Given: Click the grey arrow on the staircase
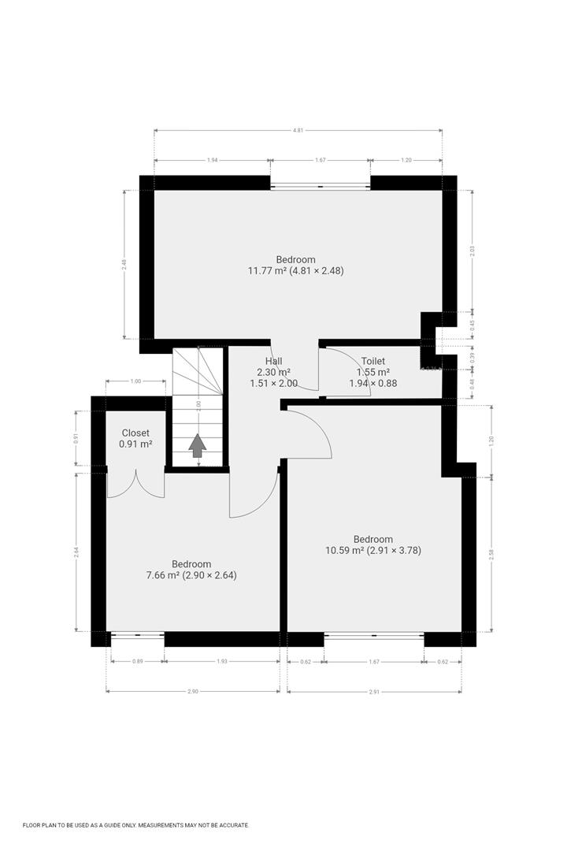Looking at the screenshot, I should coord(197,446).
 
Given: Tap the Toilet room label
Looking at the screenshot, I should coord(373,361).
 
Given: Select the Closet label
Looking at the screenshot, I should coord(135,433).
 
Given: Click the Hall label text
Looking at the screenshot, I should coord(273,361).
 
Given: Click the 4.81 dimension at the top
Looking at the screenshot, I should coord(298,131).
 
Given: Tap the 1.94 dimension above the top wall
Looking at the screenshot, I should coord(212,160).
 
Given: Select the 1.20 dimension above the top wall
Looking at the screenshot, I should coord(406,160).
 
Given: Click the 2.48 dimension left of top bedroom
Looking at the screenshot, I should coord(124,265).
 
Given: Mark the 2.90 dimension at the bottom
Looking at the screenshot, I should coord(192,691).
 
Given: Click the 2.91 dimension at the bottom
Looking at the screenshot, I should coord(373,691).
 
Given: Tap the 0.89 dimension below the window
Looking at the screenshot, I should coord(137,662).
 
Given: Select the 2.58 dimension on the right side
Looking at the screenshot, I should coord(491,554).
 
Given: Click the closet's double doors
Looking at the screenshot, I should coord(135,483).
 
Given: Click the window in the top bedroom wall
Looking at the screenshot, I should coord(320,186).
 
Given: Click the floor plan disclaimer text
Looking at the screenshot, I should coord(135,825).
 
